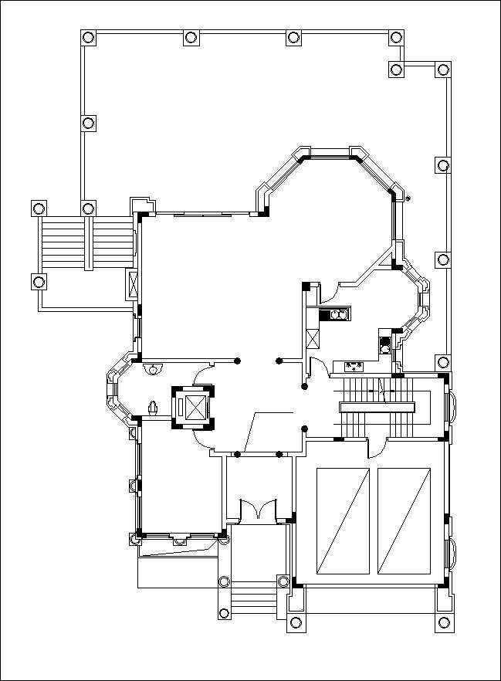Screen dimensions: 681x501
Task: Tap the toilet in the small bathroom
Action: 154,407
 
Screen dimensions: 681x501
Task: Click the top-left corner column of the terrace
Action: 88,37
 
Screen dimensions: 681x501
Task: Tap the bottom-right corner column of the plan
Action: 444,622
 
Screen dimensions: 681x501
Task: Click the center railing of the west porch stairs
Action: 89,243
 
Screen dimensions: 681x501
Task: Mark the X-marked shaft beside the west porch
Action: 132,285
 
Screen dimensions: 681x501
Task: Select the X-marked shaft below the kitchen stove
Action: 313,339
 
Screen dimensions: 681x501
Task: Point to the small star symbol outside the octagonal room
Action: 408,198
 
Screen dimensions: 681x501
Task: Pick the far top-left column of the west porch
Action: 38,208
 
